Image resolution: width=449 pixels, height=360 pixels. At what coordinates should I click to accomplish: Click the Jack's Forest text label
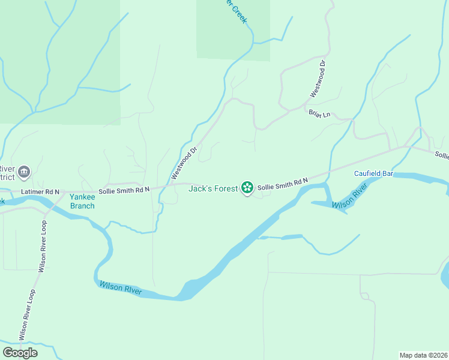[x=213, y=188]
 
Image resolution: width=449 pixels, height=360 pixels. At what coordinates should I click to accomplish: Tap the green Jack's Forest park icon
[x=247, y=188]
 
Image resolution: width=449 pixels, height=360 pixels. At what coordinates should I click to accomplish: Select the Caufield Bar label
[x=373, y=173]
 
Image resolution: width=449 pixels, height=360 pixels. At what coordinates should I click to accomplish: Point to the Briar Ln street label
[x=319, y=114]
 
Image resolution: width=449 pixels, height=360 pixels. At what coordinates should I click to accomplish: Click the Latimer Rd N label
[x=40, y=191]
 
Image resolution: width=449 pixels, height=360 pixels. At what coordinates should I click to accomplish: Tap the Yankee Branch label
[x=82, y=201]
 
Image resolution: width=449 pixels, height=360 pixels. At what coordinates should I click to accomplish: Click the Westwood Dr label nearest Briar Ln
[x=318, y=79]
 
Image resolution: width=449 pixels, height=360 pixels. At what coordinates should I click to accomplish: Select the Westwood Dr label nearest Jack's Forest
[x=184, y=163]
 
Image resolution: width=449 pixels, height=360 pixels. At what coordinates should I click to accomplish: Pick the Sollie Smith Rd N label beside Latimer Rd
[x=124, y=190]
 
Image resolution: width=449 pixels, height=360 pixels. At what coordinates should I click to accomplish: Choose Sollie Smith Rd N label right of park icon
[x=283, y=184]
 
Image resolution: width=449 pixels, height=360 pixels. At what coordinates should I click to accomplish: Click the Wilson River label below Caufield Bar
[x=349, y=199]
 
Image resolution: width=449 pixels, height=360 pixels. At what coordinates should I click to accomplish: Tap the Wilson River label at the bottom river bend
[x=121, y=289]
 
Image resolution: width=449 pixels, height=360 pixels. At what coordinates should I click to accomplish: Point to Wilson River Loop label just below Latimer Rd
[x=43, y=246]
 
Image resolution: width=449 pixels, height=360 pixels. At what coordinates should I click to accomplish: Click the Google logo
[x=20, y=353]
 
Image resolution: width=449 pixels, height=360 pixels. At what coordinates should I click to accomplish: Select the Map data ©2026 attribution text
[x=423, y=355]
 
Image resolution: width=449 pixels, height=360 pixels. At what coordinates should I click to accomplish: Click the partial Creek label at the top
[x=235, y=11]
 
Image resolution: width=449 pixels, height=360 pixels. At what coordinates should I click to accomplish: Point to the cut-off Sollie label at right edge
[x=442, y=155]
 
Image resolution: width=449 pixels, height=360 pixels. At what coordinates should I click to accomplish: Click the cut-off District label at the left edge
[x=7, y=178]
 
